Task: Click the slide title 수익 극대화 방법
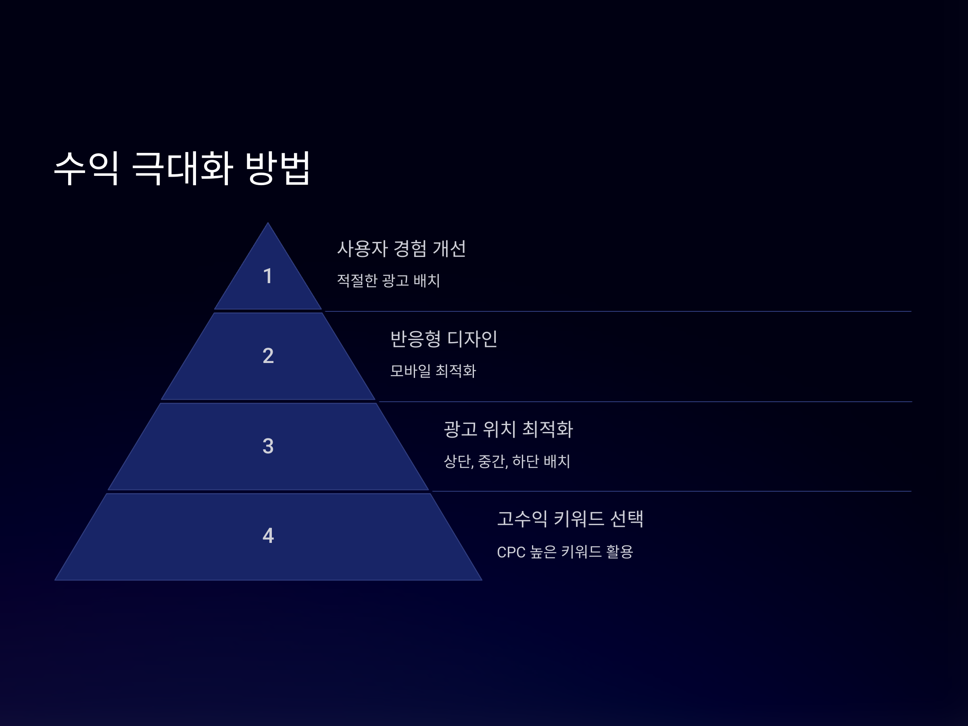pyautogui.click(x=181, y=168)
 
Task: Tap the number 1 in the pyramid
pyautogui.click(x=268, y=276)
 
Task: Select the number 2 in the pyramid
pyautogui.click(x=268, y=356)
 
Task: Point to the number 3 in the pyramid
pyautogui.click(x=268, y=446)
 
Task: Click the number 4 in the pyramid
pyautogui.click(x=268, y=536)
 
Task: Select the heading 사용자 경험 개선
pyautogui.click(x=401, y=248)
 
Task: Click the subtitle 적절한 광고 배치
pyautogui.click(x=388, y=280)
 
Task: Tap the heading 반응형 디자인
pyautogui.click(x=444, y=339)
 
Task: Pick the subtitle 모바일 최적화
pyautogui.click(x=433, y=371)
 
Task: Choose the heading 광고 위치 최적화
pyautogui.click(x=508, y=429)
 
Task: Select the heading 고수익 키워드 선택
pyautogui.click(x=570, y=519)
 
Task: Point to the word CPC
pyautogui.click(x=511, y=552)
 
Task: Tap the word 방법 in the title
pyautogui.click(x=277, y=168)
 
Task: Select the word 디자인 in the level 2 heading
pyautogui.click(x=472, y=339)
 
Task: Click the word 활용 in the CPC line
pyautogui.click(x=619, y=552)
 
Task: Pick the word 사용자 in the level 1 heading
pyautogui.click(x=362, y=248)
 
